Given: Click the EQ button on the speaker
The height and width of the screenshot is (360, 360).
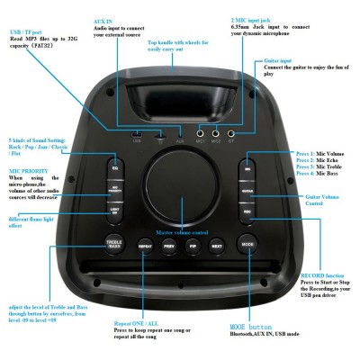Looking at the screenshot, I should [115, 169].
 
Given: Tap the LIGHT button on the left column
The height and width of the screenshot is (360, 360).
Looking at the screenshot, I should [115, 210].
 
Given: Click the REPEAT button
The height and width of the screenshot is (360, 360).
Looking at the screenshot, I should [145, 245].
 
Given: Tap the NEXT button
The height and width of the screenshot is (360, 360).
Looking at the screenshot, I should [217, 245].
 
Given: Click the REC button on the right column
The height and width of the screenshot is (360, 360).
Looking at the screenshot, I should [247, 210].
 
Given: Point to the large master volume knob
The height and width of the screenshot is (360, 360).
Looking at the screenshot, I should [180, 184].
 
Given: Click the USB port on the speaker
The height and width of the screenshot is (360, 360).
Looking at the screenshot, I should [137, 134].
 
